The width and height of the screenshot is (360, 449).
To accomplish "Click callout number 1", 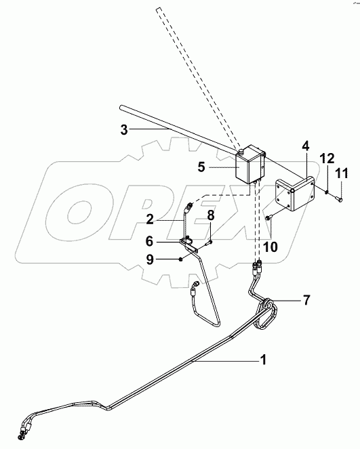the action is click(263, 360).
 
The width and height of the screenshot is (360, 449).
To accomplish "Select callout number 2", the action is click(150, 219).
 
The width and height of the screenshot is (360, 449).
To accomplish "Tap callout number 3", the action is click(124, 130).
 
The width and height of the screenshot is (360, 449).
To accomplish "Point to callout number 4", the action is click(306, 146).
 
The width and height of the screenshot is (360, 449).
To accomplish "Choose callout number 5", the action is click(201, 167).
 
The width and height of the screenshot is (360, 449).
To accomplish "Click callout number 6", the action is click(149, 241).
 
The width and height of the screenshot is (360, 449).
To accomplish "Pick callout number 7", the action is click(306, 300).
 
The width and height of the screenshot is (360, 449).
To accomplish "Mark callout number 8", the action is click(211, 215).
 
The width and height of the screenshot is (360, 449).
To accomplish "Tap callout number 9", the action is click(150, 259).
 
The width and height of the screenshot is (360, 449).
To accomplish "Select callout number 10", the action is click(271, 247).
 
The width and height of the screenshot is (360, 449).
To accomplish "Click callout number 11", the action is click(342, 173).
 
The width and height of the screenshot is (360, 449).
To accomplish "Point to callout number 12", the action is click(327, 158).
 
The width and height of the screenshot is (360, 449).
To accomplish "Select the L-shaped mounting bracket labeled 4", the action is click(295, 194).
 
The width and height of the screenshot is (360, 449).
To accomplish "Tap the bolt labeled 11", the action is click(340, 197).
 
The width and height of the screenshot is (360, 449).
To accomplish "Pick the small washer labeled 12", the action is click(327, 192).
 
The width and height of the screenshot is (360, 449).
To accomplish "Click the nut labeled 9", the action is click(180, 259).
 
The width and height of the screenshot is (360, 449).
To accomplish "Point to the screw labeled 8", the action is click(209, 243).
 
